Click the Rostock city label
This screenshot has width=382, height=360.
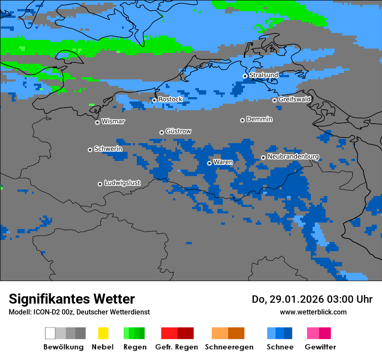(x=170, y=99)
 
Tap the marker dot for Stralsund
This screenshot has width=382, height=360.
(x=245, y=76)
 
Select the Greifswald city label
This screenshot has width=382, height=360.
(x=294, y=99)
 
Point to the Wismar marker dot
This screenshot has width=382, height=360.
(x=97, y=122)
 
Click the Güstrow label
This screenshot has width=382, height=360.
(x=178, y=131)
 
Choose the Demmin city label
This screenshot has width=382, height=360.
(x=259, y=119)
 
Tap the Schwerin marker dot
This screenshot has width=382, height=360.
(x=90, y=150)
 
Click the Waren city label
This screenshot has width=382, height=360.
(x=223, y=162)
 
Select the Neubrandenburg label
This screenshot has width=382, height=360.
(x=293, y=156)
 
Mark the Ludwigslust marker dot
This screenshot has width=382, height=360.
(x=100, y=184)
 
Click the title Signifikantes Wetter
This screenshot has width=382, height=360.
(x=72, y=299)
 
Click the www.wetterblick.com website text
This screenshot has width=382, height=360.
(x=313, y=312)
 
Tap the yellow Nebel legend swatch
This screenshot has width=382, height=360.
(x=103, y=333)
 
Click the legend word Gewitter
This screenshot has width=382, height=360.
(x=320, y=347)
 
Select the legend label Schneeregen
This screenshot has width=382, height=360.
(x=229, y=347)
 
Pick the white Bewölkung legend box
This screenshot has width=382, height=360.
(x=50, y=333)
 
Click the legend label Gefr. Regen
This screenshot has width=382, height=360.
(x=176, y=347)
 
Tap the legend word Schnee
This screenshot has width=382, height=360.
(x=280, y=347)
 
